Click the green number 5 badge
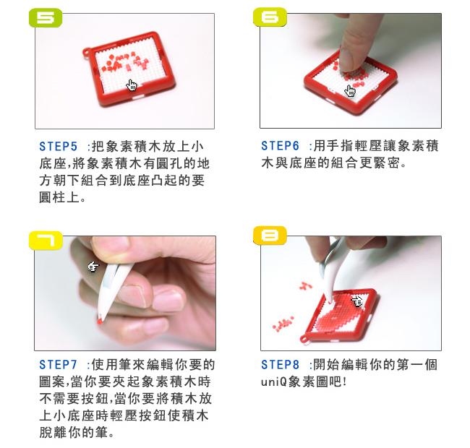coord(46,18)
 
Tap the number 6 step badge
coord(270,17)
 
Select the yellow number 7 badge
coord(46,241)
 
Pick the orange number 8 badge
coord(270,236)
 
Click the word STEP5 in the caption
coord(59,147)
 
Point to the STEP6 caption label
coord(281,146)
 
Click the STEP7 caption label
coord(59,364)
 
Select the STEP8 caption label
coord(281,364)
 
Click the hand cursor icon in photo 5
coord(132,85)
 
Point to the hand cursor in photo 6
coord(350,90)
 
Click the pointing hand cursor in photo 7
coord(93,266)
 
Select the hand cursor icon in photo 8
coord(356,301)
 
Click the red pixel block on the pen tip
coord(100,322)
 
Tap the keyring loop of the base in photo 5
coord(87,53)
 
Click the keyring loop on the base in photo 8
coord(304,340)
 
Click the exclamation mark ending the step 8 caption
coord(344,382)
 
